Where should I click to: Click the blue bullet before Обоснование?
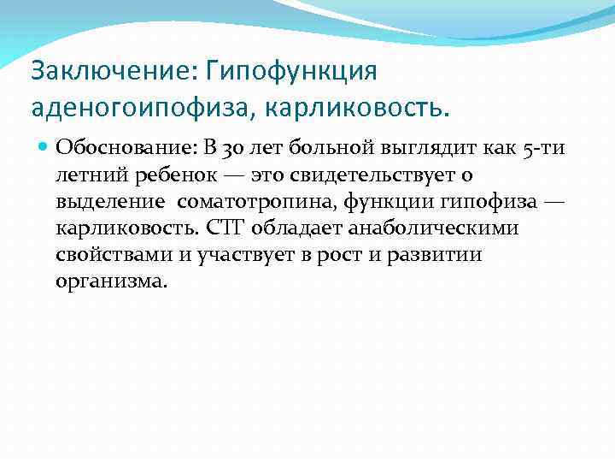coord(44,146)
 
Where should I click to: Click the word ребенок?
coord(155,175)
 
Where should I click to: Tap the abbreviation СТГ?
coord(234,228)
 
